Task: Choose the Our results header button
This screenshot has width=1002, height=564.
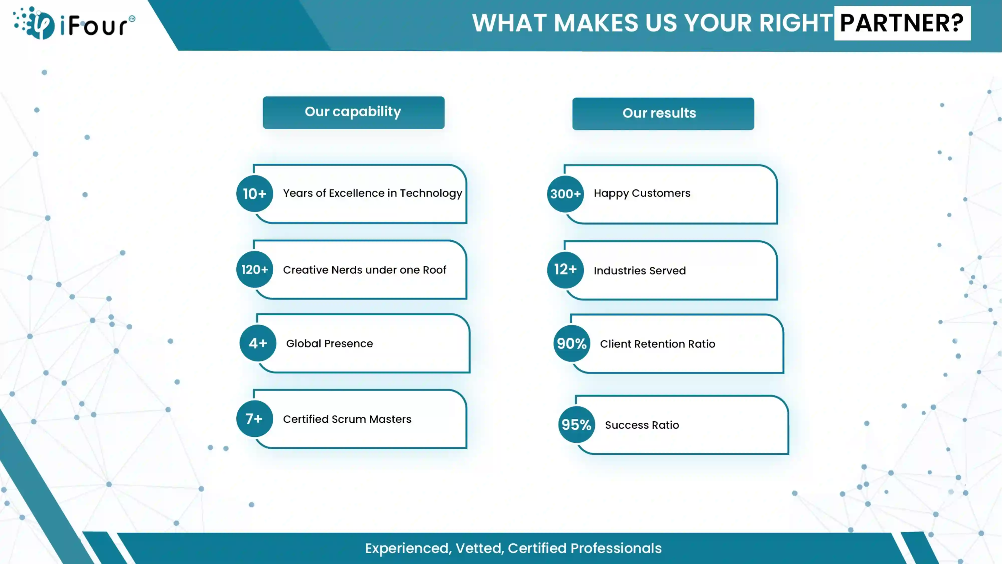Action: (663, 114)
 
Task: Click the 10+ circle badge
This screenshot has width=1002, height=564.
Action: (255, 194)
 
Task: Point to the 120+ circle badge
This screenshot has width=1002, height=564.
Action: (255, 269)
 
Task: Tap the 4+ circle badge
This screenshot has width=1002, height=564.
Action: (258, 343)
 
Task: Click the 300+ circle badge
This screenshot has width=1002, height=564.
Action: (565, 194)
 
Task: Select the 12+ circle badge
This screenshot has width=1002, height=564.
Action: (565, 269)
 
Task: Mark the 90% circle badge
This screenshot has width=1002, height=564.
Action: (572, 343)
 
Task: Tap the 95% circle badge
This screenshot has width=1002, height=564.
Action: (577, 425)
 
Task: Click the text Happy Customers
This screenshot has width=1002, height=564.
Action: (642, 194)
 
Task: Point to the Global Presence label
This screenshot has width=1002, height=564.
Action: (330, 343)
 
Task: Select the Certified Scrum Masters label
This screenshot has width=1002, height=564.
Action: (347, 419)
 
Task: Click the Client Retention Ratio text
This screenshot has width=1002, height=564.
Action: (658, 344)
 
